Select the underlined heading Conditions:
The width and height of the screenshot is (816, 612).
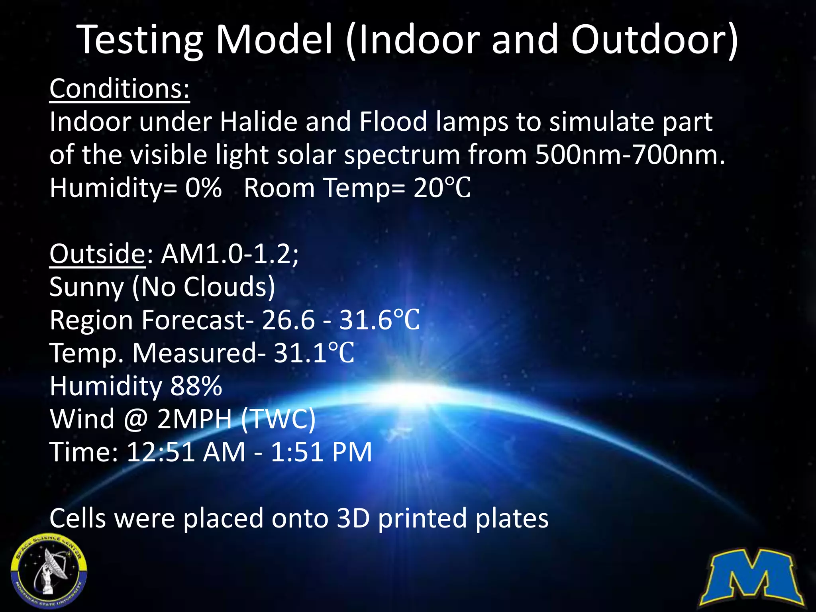120,88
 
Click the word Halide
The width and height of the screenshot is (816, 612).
259,122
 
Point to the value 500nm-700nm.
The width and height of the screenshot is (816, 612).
630,155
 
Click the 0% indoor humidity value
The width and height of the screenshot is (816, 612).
203,188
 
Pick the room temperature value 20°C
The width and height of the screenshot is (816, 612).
442,188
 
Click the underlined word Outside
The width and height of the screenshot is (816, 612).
97,254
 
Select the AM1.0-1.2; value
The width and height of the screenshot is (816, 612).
230,254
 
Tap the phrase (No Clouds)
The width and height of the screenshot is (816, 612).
204,287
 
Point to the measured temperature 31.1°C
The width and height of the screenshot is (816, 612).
314,353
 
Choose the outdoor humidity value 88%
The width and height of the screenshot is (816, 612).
196,386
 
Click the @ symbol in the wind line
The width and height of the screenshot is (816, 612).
136,419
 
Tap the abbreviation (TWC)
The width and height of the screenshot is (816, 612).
279,419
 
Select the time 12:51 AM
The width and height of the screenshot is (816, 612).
186,452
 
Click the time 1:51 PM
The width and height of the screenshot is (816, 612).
321,452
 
